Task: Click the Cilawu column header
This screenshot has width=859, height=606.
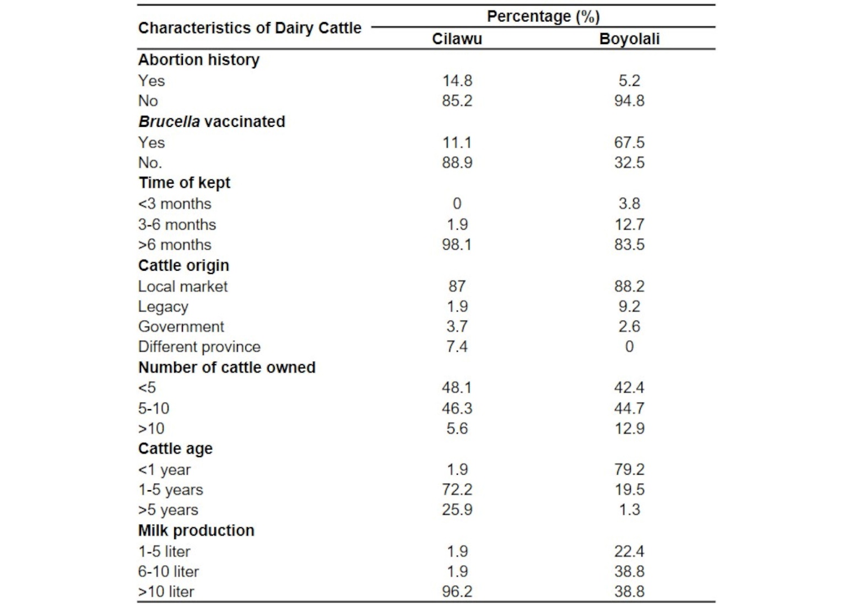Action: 457,39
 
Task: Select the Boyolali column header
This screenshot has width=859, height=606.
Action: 629,39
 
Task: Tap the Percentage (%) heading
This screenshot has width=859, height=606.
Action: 543,17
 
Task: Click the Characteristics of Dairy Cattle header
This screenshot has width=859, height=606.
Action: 250,28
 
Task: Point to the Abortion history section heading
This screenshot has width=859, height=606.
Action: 199,60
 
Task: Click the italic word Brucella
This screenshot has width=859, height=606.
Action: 169,121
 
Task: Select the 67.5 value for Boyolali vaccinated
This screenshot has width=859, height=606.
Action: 629,142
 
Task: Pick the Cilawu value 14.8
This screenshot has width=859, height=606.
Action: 457,81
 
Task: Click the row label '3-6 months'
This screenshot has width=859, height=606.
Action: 177,224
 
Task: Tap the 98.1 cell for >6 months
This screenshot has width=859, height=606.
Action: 457,244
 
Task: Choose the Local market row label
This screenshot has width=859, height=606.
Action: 182,286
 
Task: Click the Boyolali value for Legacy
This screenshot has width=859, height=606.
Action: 629,306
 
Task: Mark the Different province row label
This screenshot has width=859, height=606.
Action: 199,346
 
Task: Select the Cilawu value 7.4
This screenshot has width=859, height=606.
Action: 457,346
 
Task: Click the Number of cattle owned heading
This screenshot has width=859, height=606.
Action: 226,367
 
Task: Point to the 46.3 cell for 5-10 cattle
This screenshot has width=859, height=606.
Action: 457,408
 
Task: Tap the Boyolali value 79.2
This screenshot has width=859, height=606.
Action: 629,469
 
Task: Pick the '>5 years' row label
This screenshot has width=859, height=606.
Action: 168,510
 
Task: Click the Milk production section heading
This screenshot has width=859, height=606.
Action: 196,530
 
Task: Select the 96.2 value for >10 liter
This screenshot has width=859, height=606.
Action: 457,591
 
